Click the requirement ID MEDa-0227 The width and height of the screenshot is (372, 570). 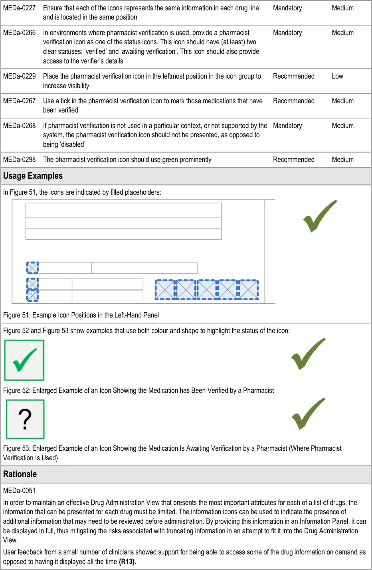[x=19, y=8]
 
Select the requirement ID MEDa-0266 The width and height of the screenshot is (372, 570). [x=19, y=33]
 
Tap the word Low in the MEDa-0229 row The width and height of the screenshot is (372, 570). [x=337, y=76]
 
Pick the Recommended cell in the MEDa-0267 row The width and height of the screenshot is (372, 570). [x=293, y=101]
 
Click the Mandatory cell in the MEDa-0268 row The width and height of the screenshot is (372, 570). [x=287, y=126]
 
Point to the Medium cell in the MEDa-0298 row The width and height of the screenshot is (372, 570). [x=342, y=160]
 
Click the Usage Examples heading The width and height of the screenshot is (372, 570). [x=33, y=176]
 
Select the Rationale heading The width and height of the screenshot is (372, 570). [x=20, y=474]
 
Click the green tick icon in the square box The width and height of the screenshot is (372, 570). [x=24, y=360]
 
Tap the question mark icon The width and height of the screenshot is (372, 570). [x=25, y=420]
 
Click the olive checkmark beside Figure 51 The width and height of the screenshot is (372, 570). [x=320, y=216]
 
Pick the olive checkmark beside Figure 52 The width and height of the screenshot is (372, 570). [x=308, y=354]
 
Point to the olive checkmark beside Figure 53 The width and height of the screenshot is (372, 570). [x=308, y=414]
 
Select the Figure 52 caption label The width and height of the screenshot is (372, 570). [x=16, y=391]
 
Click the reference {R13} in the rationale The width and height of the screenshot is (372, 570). [x=127, y=562]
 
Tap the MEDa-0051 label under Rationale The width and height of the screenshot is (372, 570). [x=19, y=491]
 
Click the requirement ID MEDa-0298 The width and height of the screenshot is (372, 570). [x=19, y=160]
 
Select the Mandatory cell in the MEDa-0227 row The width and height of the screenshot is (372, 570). [x=287, y=8]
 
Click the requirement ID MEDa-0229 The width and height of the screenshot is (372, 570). [x=19, y=76]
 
